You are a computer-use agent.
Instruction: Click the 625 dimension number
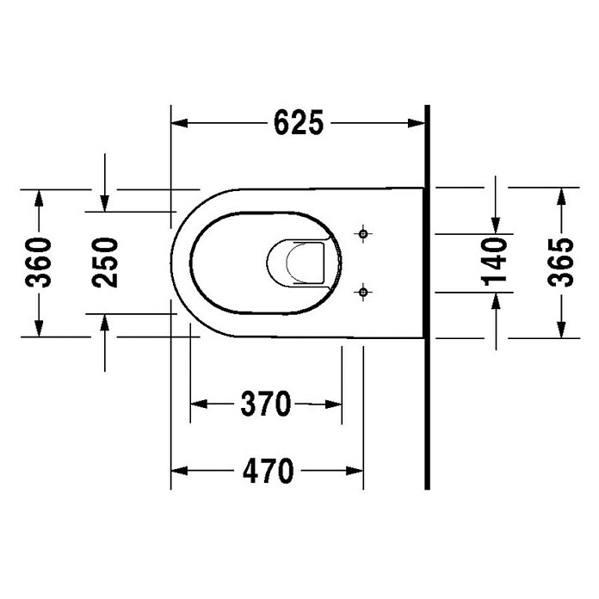pyautogui.click(x=299, y=123)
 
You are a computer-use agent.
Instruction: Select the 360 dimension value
pyautogui.click(x=39, y=262)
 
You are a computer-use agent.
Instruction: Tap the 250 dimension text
pyautogui.click(x=104, y=262)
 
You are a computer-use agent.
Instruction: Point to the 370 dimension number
pyautogui.click(x=265, y=403)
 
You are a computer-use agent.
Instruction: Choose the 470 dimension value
pyautogui.click(x=267, y=471)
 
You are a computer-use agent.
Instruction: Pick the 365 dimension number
pyautogui.click(x=561, y=262)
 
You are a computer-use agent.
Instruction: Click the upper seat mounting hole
pyautogui.click(x=364, y=232)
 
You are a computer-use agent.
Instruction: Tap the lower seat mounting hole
pyautogui.click(x=364, y=293)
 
